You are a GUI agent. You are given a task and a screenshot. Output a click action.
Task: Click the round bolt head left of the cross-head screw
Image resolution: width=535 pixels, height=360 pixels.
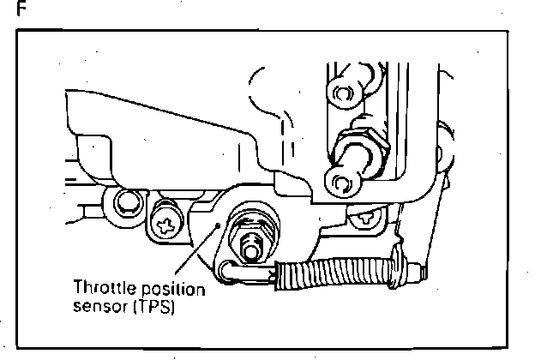point(126,202)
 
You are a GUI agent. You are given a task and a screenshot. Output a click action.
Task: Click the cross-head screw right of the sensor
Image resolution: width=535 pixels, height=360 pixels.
point(367,218)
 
